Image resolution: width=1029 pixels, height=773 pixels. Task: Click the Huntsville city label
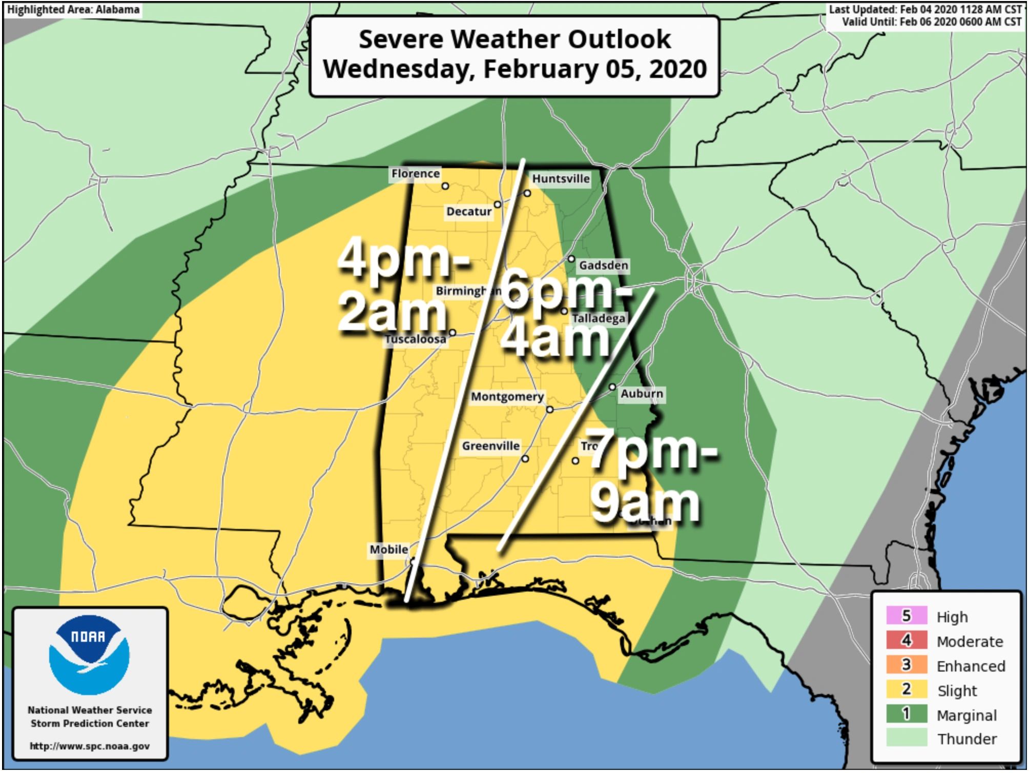tap(561, 178)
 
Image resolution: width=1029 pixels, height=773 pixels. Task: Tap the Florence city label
tap(415, 173)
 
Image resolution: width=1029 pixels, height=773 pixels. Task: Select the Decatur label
tap(468, 211)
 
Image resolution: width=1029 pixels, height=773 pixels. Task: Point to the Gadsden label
tap(603, 265)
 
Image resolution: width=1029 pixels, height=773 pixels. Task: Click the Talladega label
tap(599, 318)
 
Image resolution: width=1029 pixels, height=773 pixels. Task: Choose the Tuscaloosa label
tap(415, 339)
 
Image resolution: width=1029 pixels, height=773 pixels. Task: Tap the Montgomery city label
tap(507, 396)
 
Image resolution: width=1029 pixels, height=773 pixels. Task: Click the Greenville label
tap(490, 446)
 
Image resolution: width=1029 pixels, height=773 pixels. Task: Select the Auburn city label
tap(642, 394)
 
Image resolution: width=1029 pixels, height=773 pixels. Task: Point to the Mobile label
tap(389, 550)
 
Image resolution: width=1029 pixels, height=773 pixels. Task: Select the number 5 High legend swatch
tap(906, 616)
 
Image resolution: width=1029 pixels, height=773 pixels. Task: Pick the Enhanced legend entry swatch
tap(906, 665)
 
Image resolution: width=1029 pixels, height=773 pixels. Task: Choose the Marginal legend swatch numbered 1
tap(906, 714)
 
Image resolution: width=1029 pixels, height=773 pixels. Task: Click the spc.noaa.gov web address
tap(90, 746)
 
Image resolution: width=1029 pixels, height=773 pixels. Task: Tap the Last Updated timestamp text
tap(925, 10)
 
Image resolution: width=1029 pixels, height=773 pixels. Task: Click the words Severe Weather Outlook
tap(514, 39)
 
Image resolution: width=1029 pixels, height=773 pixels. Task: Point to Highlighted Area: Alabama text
tap(73, 10)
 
